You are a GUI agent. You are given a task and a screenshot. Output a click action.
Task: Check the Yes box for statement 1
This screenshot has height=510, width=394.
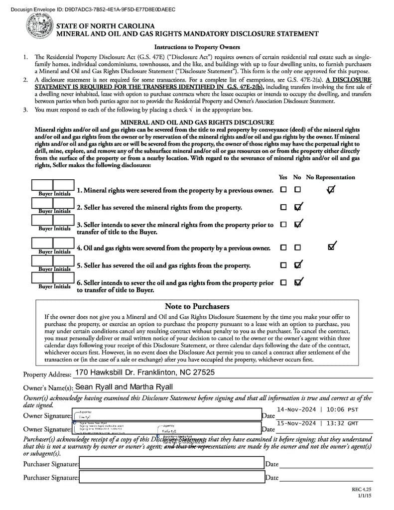[283, 190]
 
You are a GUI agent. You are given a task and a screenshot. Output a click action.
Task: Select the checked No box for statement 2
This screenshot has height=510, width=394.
[298, 207]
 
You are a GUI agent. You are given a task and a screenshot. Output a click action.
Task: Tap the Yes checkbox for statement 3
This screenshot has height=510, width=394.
[283, 225]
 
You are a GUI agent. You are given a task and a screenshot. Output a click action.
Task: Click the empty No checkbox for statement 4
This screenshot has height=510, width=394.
[297, 248]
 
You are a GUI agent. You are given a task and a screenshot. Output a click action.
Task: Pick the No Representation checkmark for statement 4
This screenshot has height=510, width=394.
[332, 247]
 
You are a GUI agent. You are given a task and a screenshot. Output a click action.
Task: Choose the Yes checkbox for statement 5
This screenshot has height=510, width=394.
[283, 265]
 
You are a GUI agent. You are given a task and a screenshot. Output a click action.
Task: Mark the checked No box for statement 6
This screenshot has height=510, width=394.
[298, 283]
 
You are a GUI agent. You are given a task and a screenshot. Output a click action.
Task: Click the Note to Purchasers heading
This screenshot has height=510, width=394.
[197, 306]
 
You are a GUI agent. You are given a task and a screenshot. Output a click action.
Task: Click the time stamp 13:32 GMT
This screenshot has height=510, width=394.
[342, 423]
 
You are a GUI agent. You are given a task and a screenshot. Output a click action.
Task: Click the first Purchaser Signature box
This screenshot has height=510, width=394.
[171, 464]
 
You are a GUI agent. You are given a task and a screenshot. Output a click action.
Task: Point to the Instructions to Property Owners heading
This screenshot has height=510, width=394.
[197, 47]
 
